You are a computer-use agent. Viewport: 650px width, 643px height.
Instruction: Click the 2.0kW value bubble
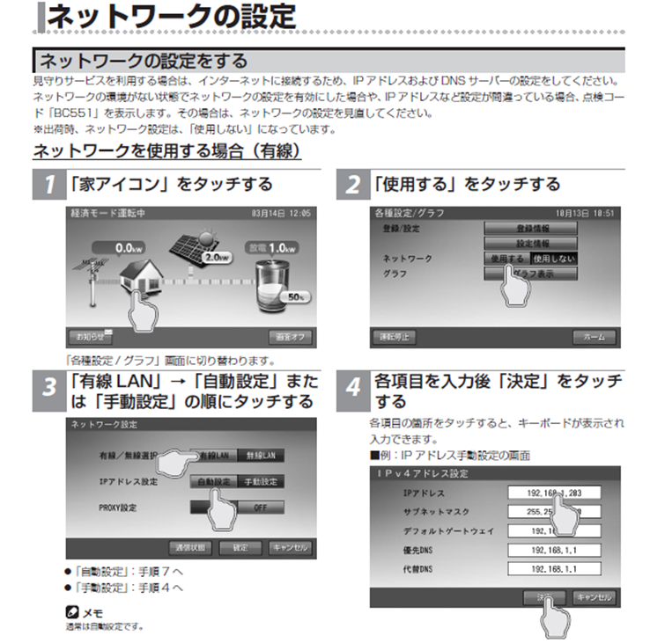[217, 258]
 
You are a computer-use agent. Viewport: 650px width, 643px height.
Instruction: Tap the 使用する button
[506, 259]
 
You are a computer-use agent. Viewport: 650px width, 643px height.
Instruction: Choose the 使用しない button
[554, 259]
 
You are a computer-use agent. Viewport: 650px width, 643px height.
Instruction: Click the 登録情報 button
[531, 228]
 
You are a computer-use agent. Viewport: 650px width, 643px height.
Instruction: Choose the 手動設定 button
[260, 481]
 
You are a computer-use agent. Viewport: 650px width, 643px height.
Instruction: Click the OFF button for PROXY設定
[260, 508]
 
